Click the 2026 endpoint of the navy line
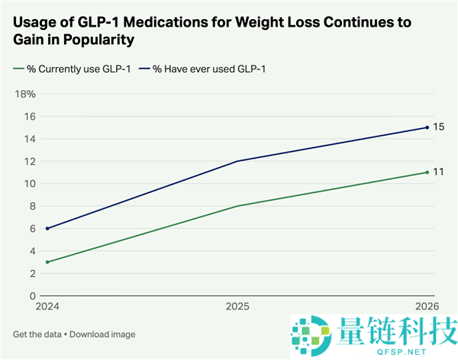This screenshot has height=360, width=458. coord(427,127)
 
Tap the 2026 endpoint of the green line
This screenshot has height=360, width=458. coord(427,172)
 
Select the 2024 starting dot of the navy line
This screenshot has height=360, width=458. coord(47,229)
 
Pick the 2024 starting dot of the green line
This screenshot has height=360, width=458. coord(47,262)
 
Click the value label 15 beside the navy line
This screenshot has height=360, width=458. coord(438,127)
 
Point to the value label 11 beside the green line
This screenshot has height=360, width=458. coord(438,172)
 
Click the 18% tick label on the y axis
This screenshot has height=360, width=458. coord(25,94)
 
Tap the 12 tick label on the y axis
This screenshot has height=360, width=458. coord(30,162)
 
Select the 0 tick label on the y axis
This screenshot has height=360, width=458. coord(32,296)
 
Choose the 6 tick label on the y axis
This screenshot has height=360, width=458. coord(32,229)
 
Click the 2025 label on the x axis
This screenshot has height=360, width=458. coord(237,307)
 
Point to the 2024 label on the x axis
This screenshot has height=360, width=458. coord(47,307)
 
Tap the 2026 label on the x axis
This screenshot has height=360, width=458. coord(427,307)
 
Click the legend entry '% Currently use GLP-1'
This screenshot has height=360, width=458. coord(72,69)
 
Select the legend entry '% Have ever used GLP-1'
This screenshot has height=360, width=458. coord(202,69)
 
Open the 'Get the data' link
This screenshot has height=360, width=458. coord(37,334)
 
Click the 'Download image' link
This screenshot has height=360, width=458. coord(102,334)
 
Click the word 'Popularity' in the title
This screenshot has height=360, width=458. coord(98,40)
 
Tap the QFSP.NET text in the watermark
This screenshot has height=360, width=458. coord(402,352)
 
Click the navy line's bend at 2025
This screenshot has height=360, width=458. coord(237,161)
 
